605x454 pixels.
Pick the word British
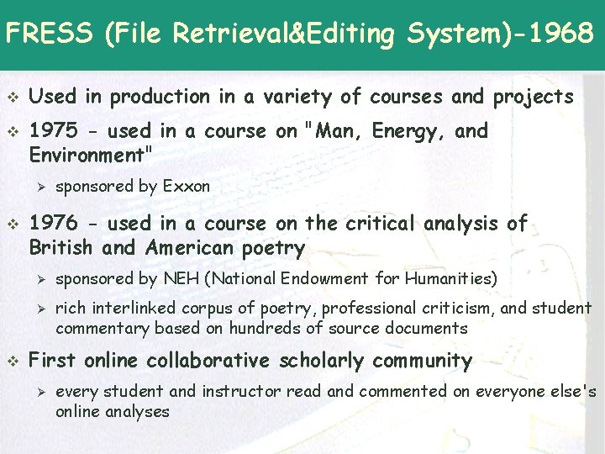(61, 248)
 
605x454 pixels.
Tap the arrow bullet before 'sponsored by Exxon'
(36, 187)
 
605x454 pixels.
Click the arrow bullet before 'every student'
(36, 392)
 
